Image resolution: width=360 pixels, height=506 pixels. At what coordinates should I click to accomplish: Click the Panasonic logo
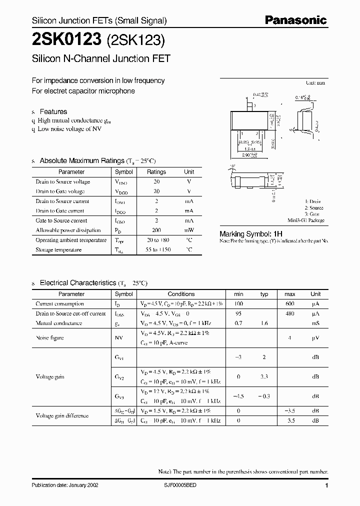tap(295, 20)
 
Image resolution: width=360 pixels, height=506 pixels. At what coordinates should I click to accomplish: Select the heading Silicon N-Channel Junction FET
tap(101, 58)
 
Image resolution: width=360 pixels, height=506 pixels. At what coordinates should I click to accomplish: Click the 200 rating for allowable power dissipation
tap(156, 230)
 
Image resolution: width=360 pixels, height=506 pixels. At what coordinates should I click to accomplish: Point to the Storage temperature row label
tap(58, 250)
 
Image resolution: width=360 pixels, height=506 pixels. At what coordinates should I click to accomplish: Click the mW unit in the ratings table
tap(189, 230)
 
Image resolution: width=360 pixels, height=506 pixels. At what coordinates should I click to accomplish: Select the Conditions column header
tap(181, 294)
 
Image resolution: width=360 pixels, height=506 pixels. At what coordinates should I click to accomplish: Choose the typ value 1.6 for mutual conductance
tap(264, 323)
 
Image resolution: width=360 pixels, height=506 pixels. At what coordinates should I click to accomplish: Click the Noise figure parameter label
tap(49, 338)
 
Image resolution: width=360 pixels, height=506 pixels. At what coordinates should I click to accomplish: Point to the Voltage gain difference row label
tap(62, 415)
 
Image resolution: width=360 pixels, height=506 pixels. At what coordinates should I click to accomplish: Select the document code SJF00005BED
tap(183, 485)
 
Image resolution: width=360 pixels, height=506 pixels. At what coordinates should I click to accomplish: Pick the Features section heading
tap(53, 111)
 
